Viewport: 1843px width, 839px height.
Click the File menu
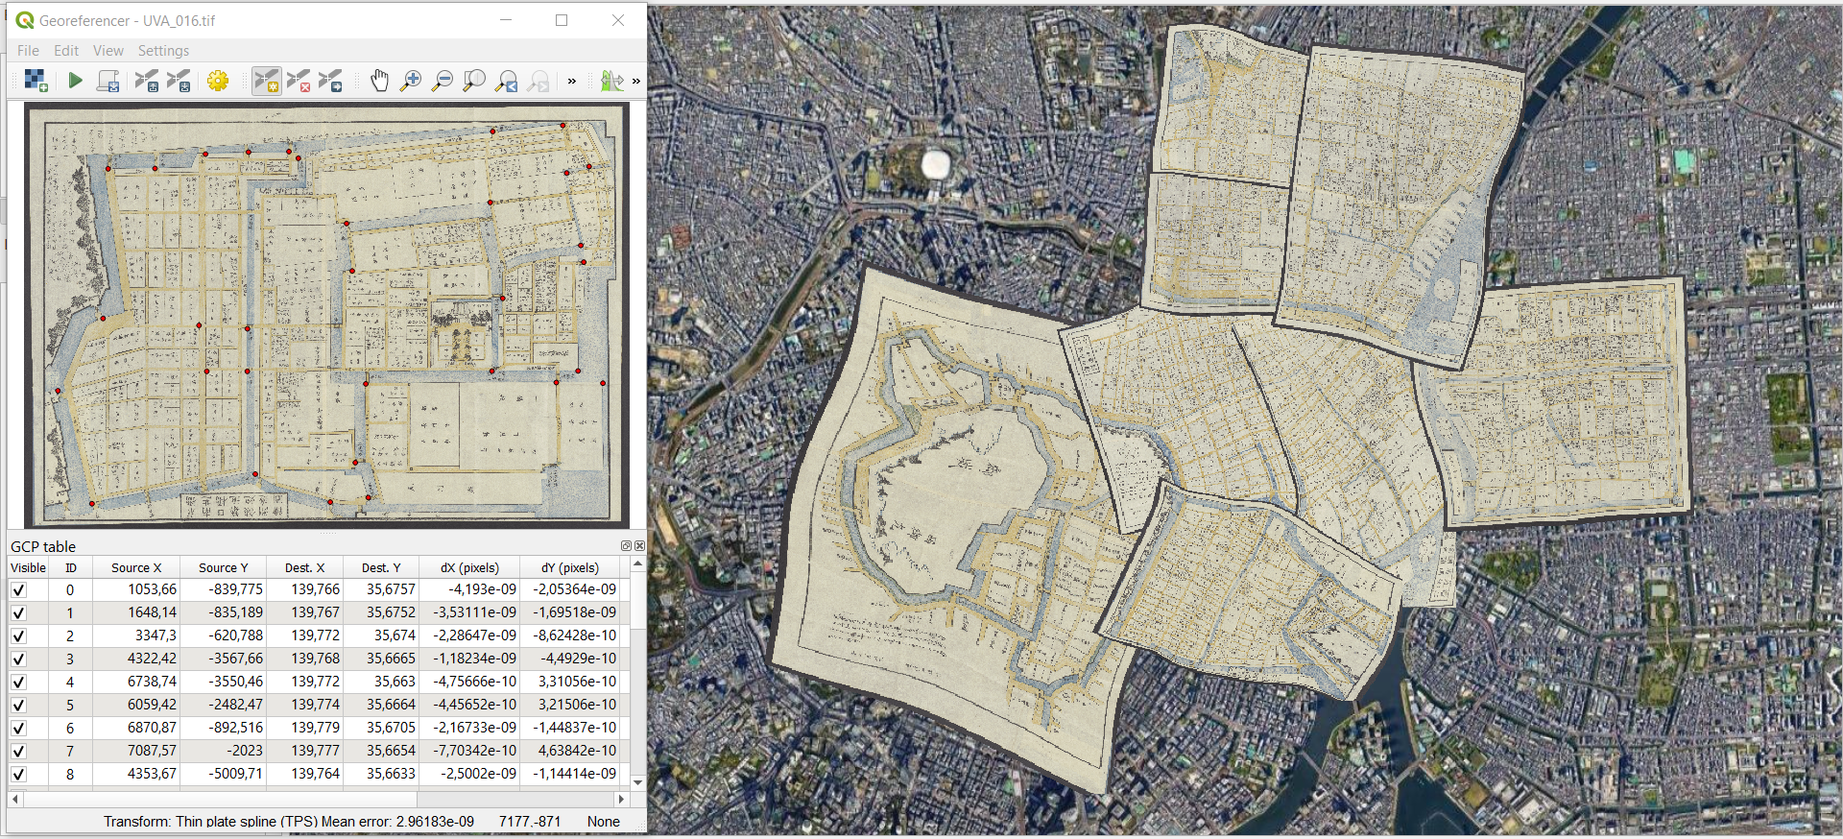click(28, 51)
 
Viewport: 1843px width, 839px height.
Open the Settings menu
click(163, 51)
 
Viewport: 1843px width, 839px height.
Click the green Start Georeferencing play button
click(75, 81)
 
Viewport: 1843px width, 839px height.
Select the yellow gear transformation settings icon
click(218, 81)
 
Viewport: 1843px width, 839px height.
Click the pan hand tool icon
click(379, 81)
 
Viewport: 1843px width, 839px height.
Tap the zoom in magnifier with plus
click(411, 81)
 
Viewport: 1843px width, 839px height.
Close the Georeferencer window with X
click(618, 20)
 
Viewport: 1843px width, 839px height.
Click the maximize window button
click(562, 20)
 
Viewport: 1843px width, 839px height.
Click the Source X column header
click(136, 567)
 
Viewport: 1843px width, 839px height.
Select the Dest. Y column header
click(381, 567)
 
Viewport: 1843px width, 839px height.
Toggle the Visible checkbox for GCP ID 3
click(18, 659)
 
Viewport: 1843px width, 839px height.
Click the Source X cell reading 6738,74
click(152, 682)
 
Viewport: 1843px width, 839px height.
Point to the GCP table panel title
click(43, 546)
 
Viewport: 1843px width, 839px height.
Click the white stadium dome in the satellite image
click(935, 164)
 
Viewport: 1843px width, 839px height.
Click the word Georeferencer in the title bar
click(84, 20)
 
